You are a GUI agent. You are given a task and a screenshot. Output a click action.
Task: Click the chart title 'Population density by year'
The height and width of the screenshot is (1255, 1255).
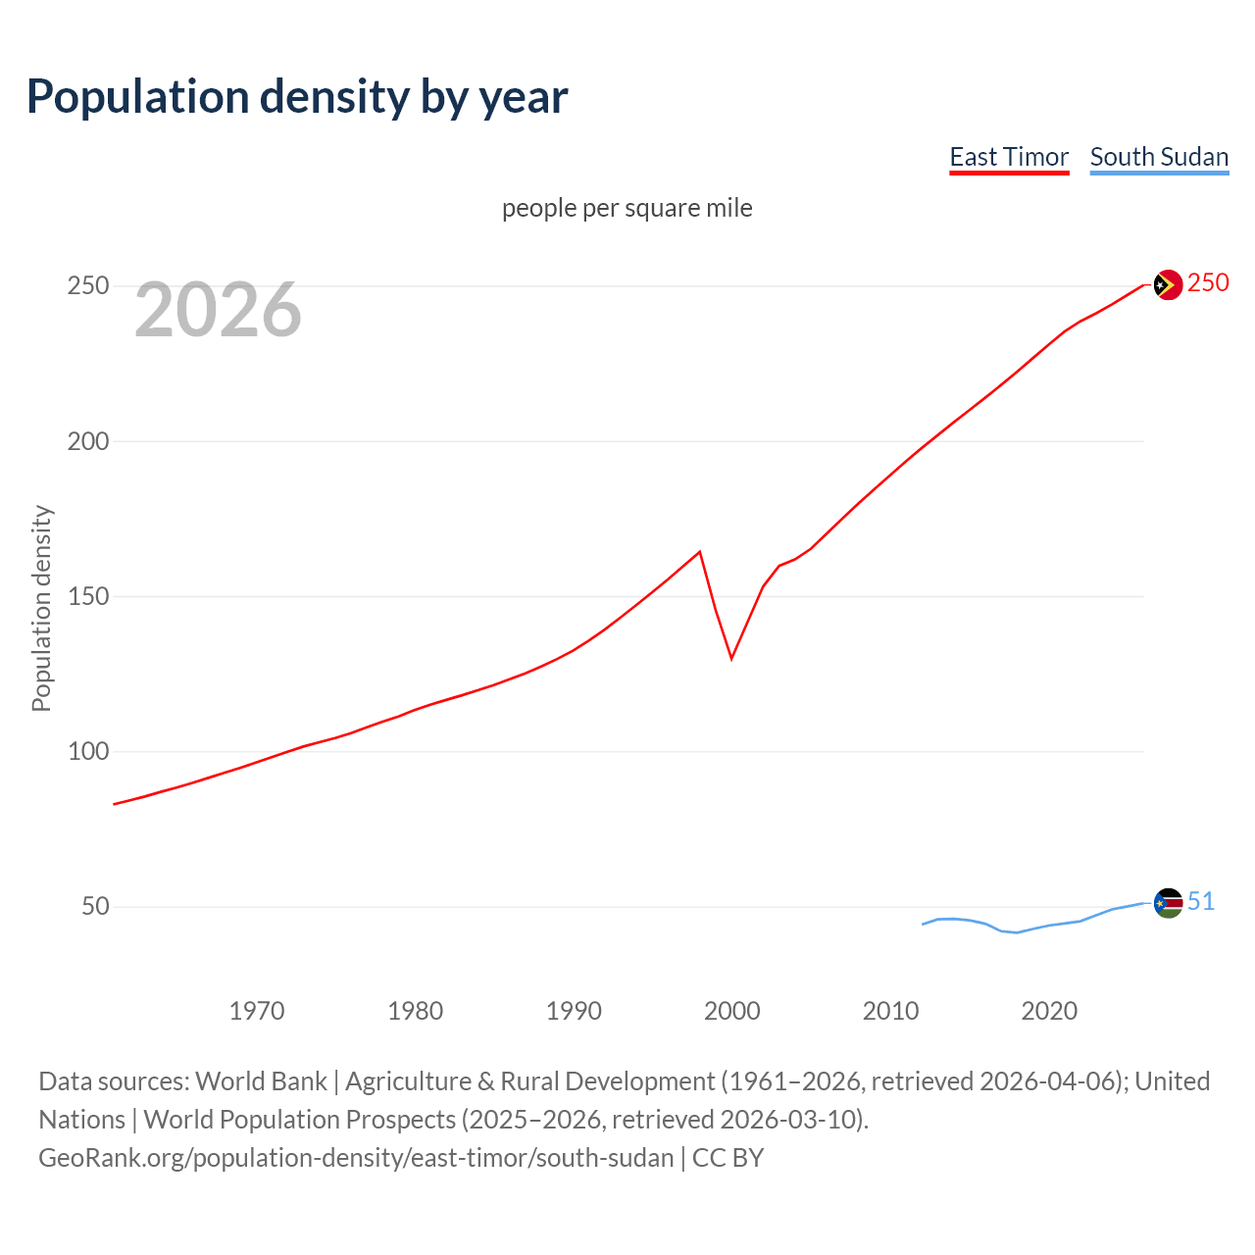click(297, 97)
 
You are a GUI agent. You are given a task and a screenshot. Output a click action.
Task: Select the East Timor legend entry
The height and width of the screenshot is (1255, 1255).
click(1009, 157)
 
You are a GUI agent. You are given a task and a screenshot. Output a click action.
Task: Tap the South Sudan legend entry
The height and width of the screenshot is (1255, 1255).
click(1159, 157)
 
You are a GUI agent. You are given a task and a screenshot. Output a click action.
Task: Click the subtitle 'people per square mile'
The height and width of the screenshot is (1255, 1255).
click(627, 208)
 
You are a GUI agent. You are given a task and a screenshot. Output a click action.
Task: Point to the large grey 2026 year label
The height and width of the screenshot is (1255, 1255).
click(218, 310)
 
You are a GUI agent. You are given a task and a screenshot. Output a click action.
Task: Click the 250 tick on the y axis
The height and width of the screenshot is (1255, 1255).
click(87, 286)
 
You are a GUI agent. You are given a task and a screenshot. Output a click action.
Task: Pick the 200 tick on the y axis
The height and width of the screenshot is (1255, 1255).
click(87, 441)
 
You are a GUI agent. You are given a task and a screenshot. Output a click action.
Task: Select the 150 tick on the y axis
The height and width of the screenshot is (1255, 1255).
click(87, 596)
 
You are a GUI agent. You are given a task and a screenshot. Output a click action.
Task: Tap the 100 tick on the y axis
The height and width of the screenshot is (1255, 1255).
click(87, 752)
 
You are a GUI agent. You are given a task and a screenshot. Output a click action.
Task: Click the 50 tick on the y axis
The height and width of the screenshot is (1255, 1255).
click(95, 907)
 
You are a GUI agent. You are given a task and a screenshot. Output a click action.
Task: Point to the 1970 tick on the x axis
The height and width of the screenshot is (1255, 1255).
click(257, 1011)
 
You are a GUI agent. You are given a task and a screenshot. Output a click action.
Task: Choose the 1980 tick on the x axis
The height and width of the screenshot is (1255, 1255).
click(416, 1011)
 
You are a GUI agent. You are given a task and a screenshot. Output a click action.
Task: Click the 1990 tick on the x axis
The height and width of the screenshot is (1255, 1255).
click(574, 1011)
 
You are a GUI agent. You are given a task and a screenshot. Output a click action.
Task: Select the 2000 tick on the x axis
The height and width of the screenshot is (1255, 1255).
click(732, 1011)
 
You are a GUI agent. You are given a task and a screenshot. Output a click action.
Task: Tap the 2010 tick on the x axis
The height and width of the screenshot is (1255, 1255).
click(890, 1011)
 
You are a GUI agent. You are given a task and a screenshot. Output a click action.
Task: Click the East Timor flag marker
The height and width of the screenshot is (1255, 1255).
click(1168, 285)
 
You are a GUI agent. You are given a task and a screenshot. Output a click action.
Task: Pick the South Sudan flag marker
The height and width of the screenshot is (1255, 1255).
click(1168, 903)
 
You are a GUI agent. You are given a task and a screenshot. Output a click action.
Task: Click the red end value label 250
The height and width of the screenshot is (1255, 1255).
click(1208, 283)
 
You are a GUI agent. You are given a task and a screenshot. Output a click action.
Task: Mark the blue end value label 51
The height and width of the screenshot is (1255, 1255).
click(1201, 901)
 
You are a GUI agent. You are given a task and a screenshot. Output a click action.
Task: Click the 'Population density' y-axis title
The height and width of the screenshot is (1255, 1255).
click(41, 608)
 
